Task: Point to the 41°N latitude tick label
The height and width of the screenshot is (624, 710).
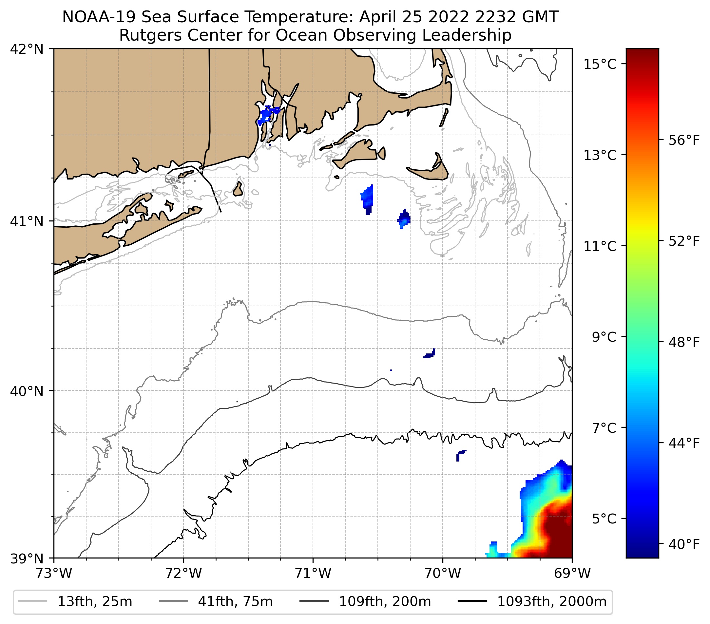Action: (27, 221)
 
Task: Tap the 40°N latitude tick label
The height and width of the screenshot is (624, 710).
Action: (27, 391)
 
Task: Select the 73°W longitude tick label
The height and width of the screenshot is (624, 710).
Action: (54, 573)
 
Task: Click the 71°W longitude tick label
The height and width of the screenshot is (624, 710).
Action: (313, 573)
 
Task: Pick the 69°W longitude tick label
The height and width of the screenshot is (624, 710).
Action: (572, 573)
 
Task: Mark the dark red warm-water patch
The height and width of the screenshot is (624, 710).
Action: (558, 531)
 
